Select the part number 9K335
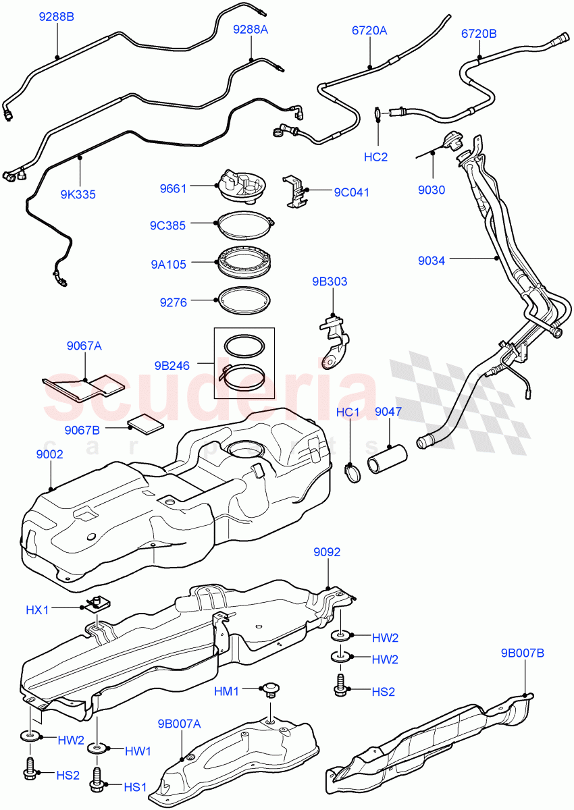pos(78,194)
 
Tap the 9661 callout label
pos(173,189)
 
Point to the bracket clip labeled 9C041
pos(296,191)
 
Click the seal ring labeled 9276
pos(244,301)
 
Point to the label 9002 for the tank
pos(49,455)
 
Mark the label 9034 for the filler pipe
pos(432,261)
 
